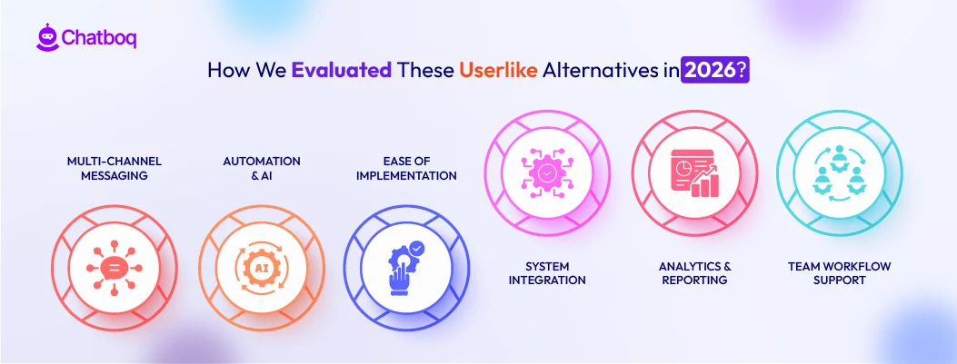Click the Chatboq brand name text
tap(98, 38)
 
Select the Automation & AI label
tap(262, 168)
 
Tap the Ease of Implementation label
tap(406, 168)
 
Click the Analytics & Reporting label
tap(695, 273)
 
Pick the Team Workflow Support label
tap(840, 273)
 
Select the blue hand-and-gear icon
tap(404, 266)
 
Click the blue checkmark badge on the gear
tap(416, 247)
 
